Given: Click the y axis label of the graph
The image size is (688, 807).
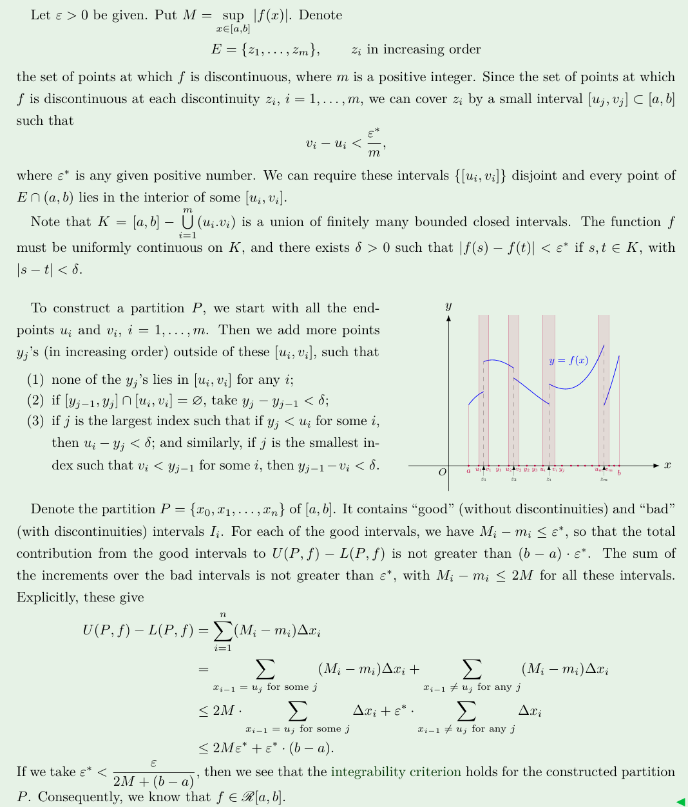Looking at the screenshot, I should point(448,305).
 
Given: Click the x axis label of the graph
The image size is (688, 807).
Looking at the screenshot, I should point(667,465).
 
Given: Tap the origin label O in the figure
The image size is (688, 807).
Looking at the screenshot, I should point(443,472).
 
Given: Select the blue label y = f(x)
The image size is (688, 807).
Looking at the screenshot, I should point(568,361).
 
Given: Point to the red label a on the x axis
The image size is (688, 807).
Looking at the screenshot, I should point(468,471).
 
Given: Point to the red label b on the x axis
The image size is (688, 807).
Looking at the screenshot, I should point(619,473).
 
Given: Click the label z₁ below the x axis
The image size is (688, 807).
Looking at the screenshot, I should point(483,479).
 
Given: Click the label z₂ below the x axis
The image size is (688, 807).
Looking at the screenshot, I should point(513,479).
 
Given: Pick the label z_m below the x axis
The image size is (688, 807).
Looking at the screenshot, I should point(604,479).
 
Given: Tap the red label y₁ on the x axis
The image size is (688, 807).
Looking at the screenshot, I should point(498,470).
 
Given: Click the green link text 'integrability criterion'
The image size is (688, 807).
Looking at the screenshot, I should point(396,772).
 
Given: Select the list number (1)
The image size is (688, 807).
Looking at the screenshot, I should point(35,379).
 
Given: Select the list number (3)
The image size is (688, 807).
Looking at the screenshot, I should point(35,421).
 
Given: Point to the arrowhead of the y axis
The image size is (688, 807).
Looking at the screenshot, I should point(448,317).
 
